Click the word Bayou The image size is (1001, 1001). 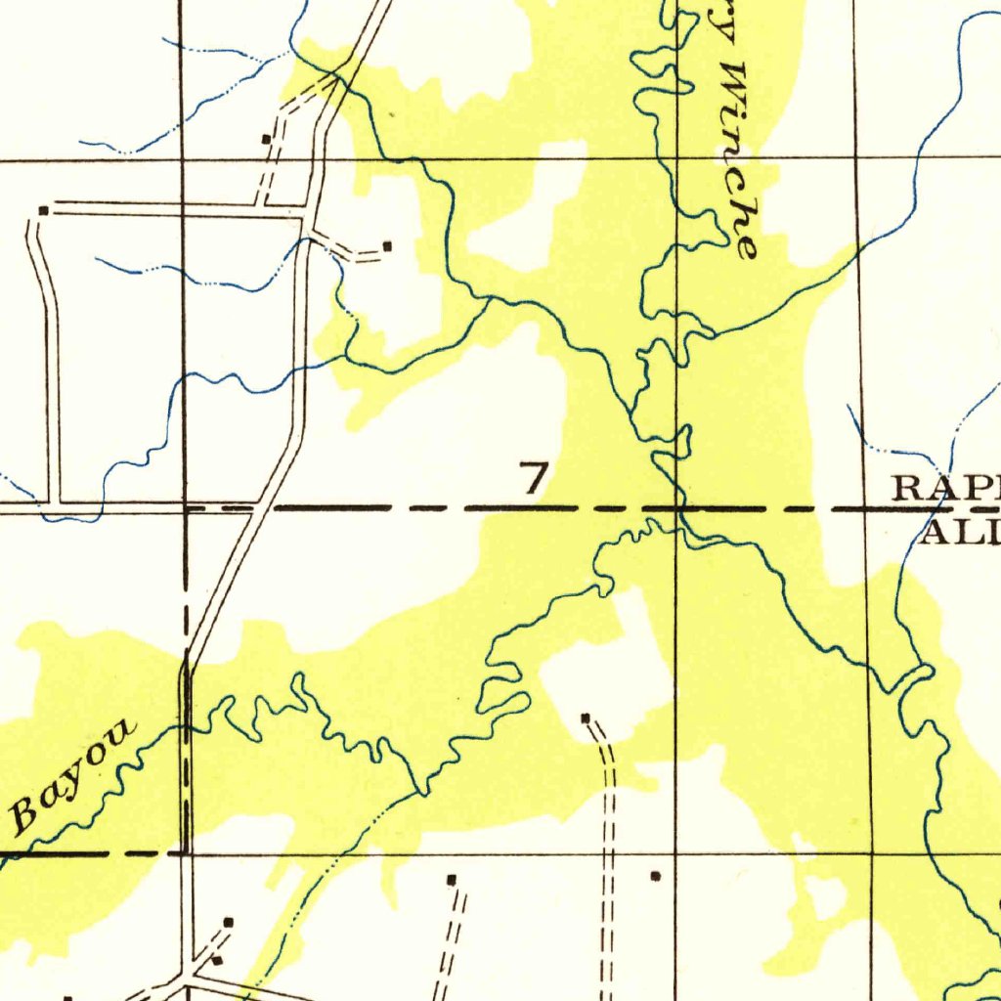(x=73, y=777)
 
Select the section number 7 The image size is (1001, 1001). (x=534, y=479)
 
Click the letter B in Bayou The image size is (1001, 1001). (x=27, y=813)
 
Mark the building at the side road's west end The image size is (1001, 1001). (x=43, y=210)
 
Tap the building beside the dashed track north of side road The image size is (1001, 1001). (x=266, y=140)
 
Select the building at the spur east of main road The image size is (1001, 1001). (x=387, y=246)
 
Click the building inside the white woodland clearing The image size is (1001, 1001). (x=586, y=718)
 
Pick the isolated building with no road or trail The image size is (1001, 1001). (x=655, y=877)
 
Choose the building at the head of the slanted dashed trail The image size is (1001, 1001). (x=451, y=880)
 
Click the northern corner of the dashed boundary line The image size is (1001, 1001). (x=186, y=509)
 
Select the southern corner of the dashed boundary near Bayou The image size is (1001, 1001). (x=186, y=852)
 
